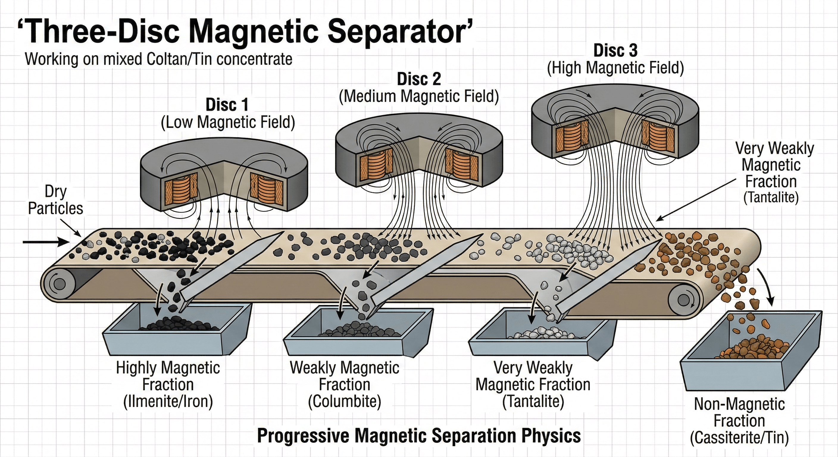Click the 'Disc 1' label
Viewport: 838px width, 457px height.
227,105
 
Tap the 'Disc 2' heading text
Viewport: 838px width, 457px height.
419,79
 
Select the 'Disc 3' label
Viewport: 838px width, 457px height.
615,51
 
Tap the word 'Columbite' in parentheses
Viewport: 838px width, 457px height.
345,402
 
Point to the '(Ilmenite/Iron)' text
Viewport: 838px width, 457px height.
168,402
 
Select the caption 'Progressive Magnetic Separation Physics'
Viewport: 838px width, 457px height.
419,436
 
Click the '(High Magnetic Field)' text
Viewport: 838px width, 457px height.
615,68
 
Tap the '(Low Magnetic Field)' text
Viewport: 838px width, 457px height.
228,123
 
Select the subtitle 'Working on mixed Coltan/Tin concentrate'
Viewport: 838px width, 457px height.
158,59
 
